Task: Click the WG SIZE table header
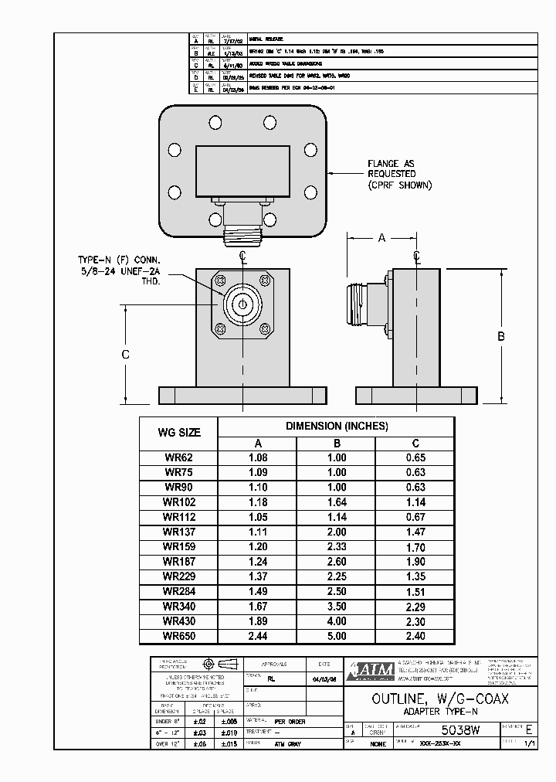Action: tap(178, 433)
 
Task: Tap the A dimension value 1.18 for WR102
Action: tap(258, 501)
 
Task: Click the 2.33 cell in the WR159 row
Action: tap(337, 546)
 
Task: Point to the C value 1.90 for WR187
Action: tap(415, 562)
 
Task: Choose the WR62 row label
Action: tap(178, 457)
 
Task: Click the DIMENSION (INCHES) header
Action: tap(337, 426)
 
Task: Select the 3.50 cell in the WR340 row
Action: tap(337, 607)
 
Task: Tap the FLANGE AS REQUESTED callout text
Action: tap(399, 175)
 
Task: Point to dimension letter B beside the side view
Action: tap(500, 336)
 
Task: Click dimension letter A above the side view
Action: tap(381, 238)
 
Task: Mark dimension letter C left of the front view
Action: tap(126, 355)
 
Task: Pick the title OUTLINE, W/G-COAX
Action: tap(439, 699)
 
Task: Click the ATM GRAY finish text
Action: tap(287, 744)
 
